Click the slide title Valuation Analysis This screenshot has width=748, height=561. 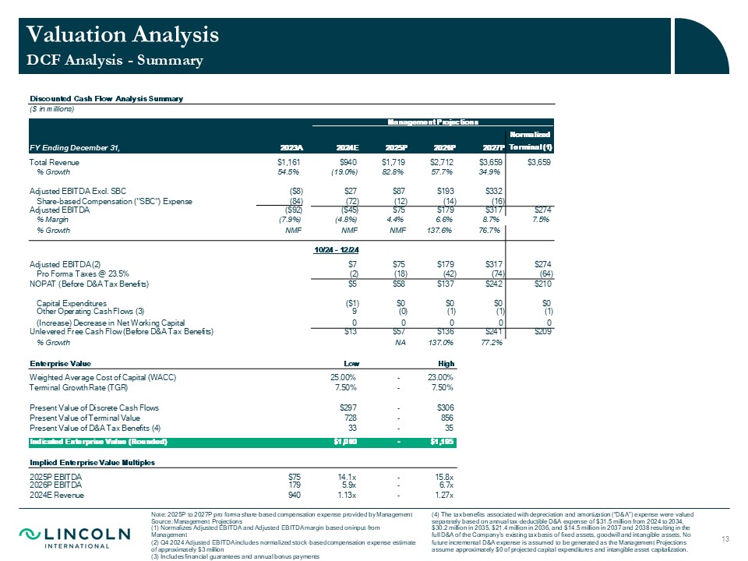122,34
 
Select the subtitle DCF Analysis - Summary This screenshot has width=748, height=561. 115,60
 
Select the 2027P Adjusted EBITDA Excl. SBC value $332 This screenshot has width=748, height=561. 493,191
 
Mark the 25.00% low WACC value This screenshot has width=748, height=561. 344,378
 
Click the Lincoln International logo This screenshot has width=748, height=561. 76,537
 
